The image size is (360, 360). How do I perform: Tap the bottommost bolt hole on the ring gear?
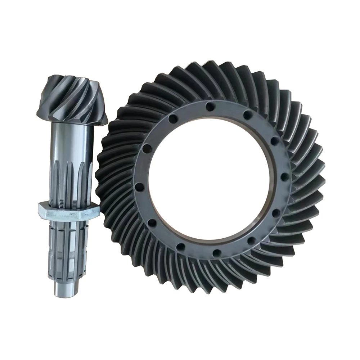216,253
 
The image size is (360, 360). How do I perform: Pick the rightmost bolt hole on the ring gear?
284,176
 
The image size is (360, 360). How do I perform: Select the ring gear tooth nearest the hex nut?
104,209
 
